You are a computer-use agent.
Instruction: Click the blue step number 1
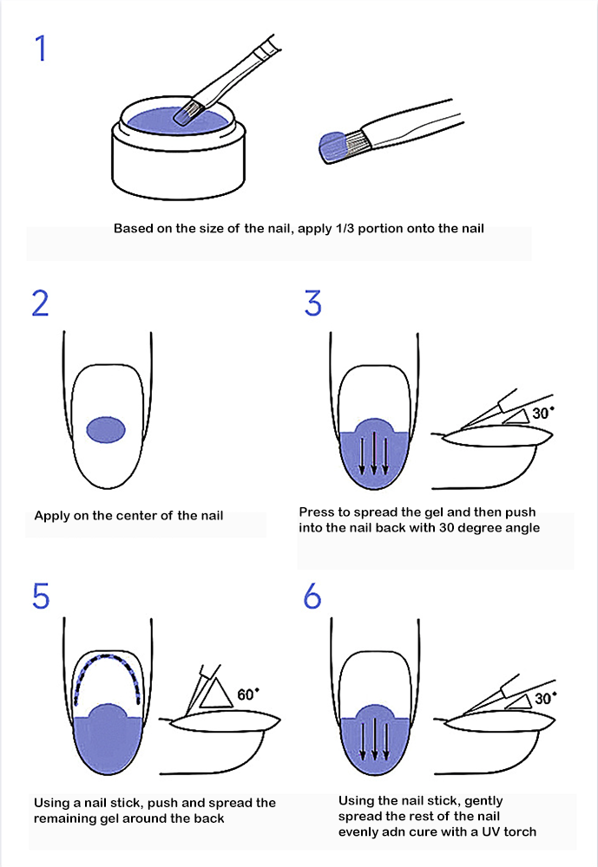tap(41, 48)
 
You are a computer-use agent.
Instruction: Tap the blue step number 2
tap(41, 303)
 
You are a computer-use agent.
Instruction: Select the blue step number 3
tap(312, 303)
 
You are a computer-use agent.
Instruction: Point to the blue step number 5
tap(41, 596)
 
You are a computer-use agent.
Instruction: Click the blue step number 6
tap(312, 596)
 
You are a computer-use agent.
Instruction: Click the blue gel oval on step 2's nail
tap(106, 430)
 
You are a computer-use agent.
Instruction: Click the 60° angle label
tap(248, 694)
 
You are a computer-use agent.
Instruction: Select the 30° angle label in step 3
tap(542, 413)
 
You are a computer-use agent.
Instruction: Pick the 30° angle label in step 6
tap(545, 698)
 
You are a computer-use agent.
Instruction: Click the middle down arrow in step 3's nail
tap(374, 453)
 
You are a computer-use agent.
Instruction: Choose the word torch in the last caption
tap(520, 831)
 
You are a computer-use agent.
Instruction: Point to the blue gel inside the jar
tap(178, 121)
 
